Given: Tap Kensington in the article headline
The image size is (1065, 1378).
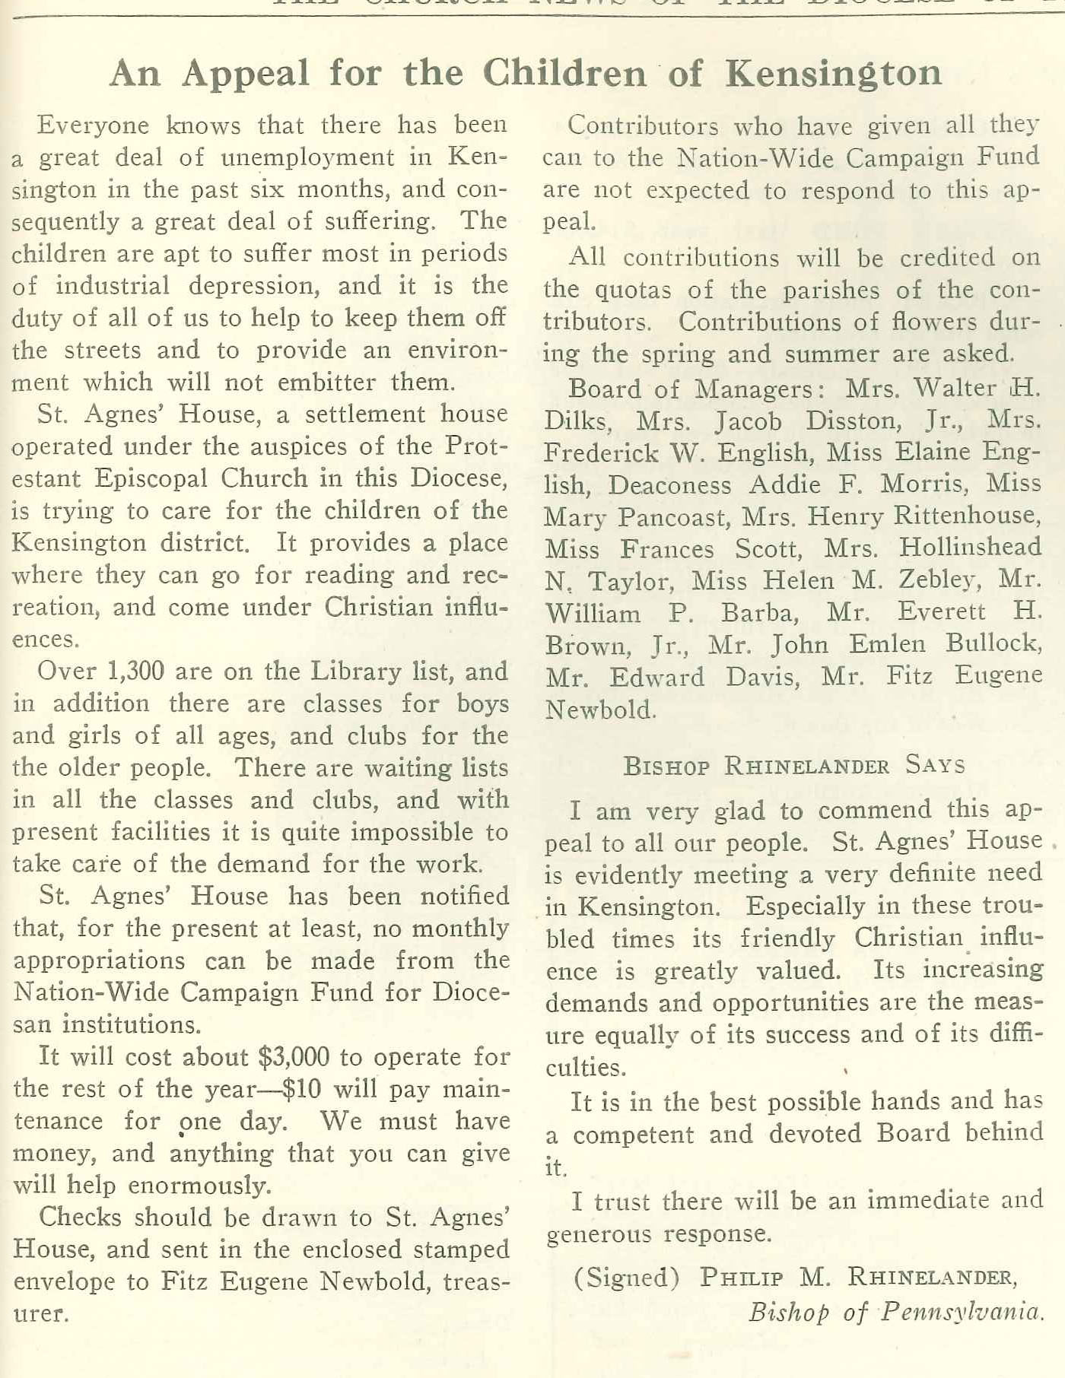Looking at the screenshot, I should (x=834, y=74).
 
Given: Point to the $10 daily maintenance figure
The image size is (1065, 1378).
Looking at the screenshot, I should (x=301, y=1089).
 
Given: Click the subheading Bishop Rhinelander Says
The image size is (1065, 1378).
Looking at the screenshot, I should (x=793, y=765).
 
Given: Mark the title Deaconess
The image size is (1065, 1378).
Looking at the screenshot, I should (x=669, y=484).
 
